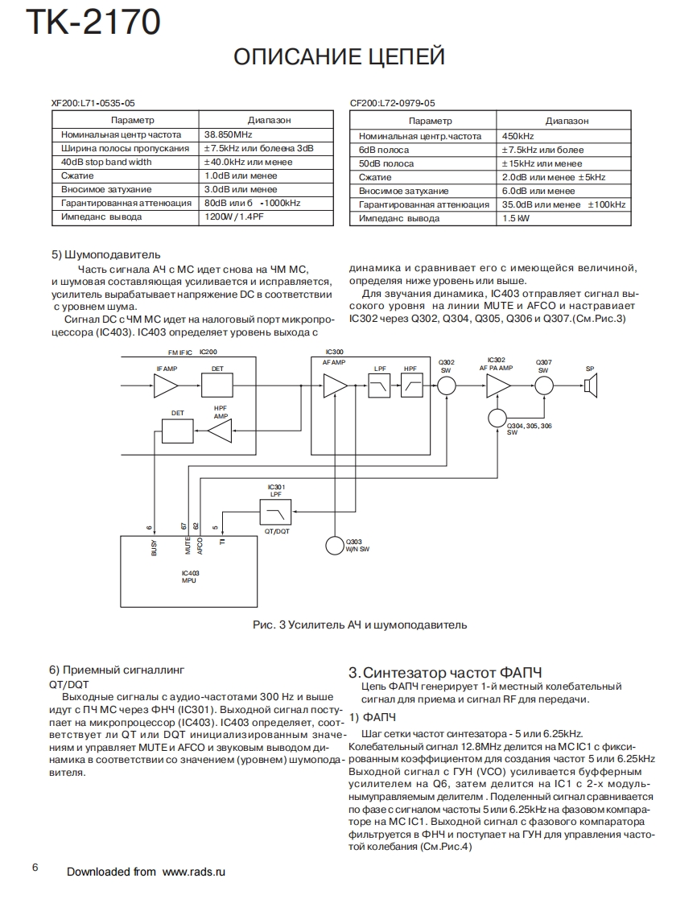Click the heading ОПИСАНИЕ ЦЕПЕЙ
point(338,57)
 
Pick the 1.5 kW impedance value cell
point(517,218)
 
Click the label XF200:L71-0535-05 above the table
point(93,103)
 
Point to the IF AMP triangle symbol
point(165,386)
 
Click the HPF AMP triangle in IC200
point(220,433)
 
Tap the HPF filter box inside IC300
point(413,386)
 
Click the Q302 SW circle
point(447,386)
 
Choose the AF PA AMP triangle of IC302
point(497,386)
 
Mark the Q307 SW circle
point(544,386)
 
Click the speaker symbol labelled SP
point(590,386)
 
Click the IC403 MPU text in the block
point(191,576)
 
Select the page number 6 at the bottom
point(35,867)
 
